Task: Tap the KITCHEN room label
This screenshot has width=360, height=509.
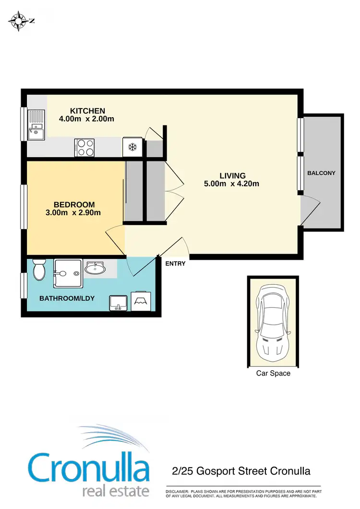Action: [87, 110]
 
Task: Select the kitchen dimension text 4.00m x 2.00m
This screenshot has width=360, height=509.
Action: [86, 119]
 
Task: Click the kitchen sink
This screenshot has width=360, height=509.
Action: [36, 125]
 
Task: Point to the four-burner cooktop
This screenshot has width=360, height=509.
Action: [84, 147]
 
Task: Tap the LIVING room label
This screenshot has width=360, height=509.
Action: [232, 176]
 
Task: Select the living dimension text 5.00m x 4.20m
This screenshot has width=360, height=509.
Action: [232, 184]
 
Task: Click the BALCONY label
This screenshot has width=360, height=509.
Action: [321, 173]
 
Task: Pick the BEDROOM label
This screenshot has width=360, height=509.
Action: [74, 205]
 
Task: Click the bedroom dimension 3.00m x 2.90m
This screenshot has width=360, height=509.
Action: [74, 213]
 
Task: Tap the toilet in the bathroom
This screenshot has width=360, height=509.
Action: [39, 270]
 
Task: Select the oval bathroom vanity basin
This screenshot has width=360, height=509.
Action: [96, 269]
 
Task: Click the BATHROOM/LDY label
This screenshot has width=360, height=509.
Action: [67, 298]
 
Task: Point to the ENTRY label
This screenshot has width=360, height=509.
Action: [175, 264]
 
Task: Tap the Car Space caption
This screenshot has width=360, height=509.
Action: [273, 373]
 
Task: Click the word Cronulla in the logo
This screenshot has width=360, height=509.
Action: [89, 467]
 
